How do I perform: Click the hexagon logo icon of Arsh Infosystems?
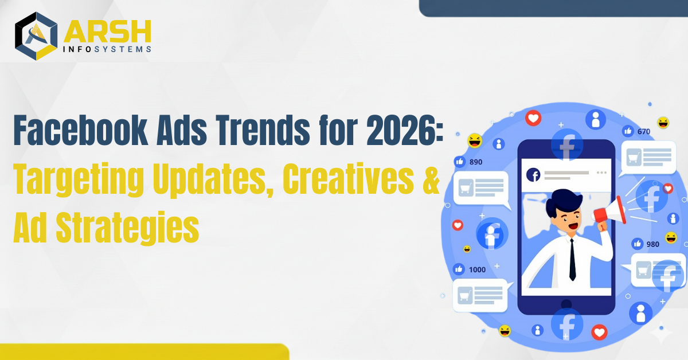[36, 36]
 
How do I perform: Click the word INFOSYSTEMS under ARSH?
[108, 49]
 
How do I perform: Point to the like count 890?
[476, 162]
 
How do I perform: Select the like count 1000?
[477, 269]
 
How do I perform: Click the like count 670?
[643, 132]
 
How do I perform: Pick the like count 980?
[652, 244]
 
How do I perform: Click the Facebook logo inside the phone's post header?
[533, 175]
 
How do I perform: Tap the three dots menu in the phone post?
[601, 173]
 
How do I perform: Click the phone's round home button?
[566, 304]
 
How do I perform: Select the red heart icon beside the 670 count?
[534, 119]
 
